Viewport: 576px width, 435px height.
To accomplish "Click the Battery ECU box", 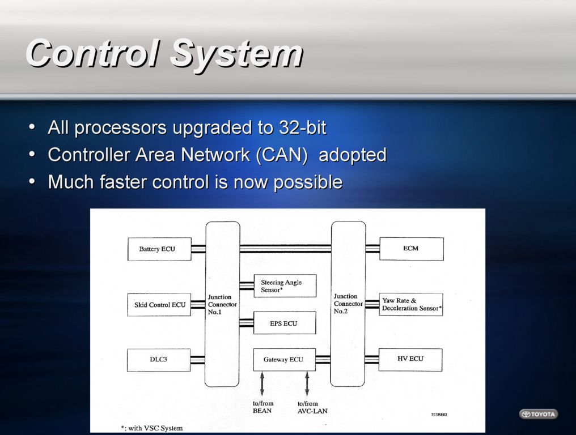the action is coord(159,249).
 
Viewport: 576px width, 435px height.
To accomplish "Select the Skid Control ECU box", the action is coord(159,304).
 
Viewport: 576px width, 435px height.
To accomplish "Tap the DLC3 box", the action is coord(159,360).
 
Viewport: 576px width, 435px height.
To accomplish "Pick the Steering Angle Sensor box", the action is coord(285,285).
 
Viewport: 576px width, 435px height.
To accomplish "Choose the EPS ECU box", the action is coord(285,323).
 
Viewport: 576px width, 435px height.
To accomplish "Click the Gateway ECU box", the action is coord(285,360).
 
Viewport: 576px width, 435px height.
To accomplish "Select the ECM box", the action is coord(412,249).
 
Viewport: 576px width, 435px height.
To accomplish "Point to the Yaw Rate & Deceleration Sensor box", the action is coord(410,304).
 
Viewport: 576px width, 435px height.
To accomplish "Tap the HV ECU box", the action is coord(410,360).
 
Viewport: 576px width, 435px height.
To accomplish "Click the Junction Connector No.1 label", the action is coord(222,304).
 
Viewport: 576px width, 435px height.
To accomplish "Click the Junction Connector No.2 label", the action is coord(348,304).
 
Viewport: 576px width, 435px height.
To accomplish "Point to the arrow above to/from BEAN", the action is coord(262,383).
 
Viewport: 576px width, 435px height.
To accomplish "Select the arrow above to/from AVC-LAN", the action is coord(307,383).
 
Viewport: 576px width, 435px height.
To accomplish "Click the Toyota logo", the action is coord(539,414).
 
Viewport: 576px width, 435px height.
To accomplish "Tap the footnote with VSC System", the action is coord(152,428).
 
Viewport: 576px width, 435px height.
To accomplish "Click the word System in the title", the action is coord(237,53).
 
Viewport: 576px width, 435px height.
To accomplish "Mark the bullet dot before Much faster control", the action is coord(32,182).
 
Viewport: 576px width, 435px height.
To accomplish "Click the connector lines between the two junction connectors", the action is coord(285,249).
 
